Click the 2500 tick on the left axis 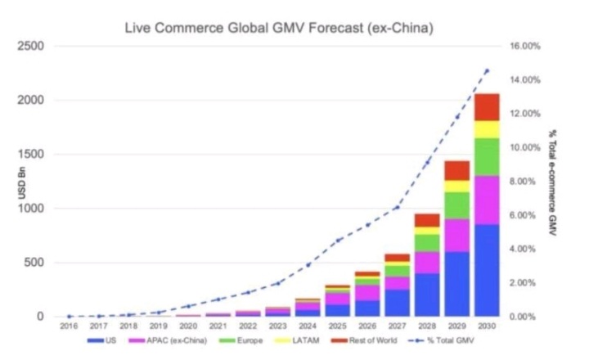click(30, 47)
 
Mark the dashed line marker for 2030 click(488, 71)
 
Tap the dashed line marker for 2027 click(397, 207)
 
